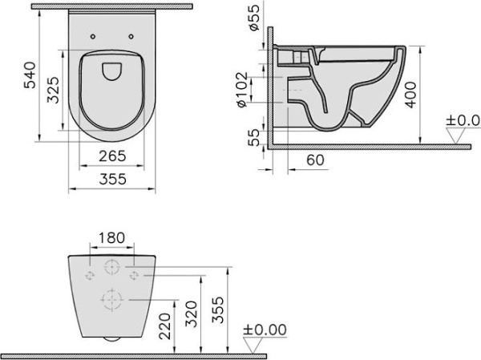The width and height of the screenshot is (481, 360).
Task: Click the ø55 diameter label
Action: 253,18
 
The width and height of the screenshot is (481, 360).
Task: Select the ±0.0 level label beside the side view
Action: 463,121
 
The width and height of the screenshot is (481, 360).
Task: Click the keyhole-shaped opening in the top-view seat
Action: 111,71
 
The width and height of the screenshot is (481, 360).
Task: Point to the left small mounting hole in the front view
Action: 89,274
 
